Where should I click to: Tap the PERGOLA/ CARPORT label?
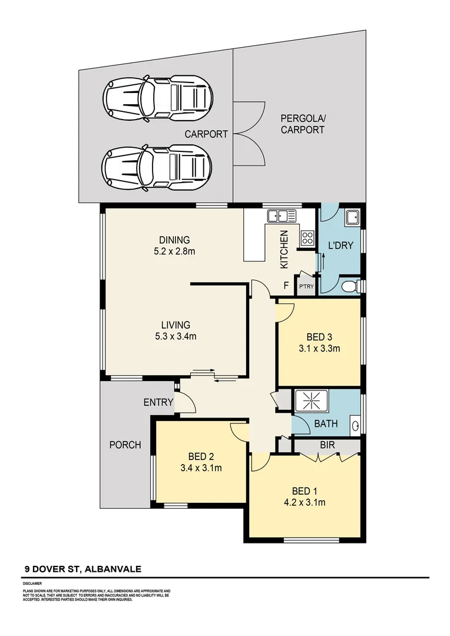point(302,124)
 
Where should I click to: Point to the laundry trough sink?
point(352,218)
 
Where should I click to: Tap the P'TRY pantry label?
point(306,287)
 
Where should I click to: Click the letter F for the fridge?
point(286,286)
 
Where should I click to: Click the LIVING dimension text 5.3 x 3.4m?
point(175,336)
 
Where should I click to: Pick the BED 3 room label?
point(319,337)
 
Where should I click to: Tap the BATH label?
point(325,423)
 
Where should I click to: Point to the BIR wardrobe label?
point(327,446)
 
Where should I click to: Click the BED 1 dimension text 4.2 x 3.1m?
point(305,502)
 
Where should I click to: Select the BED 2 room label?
point(201,456)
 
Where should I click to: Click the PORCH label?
point(125,445)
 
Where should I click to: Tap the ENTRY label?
point(158,403)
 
